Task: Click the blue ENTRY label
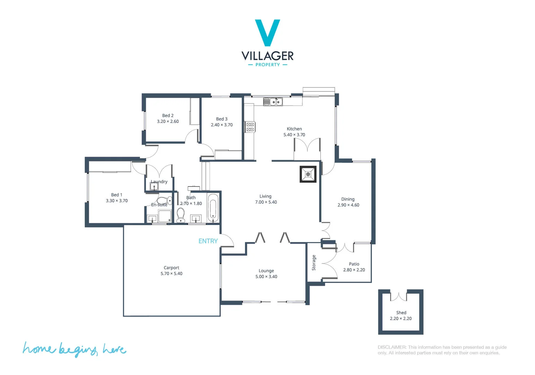[x=208, y=241]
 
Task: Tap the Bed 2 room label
[x=168, y=116]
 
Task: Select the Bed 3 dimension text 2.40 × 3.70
[x=222, y=125]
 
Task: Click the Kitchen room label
[x=294, y=129]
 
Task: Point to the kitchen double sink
[x=273, y=102]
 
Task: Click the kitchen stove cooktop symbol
[x=250, y=127]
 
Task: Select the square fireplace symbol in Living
[x=308, y=174]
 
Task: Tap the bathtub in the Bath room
[x=213, y=208]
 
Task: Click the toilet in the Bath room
[x=181, y=215]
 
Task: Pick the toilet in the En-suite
[x=163, y=201]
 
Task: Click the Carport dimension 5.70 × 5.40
[x=171, y=274]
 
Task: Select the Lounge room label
[x=266, y=271]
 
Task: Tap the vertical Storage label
[x=314, y=262]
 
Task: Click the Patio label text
[x=354, y=264]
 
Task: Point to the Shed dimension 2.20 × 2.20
[x=400, y=319]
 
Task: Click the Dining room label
[x=348, y=199]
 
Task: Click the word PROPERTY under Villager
[x=267, y=65]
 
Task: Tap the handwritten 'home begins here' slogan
[x=74, y=349]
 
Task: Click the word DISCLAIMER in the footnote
[x=391, y=347]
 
